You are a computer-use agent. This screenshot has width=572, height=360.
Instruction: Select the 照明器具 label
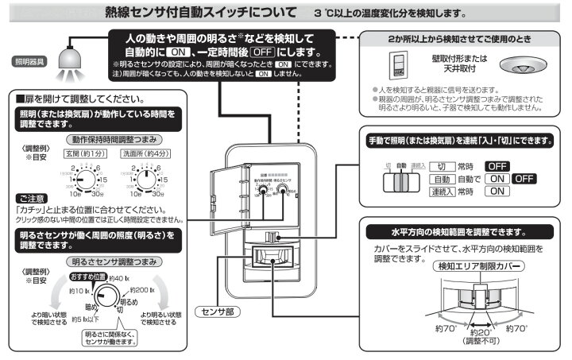click(x=29, y=60)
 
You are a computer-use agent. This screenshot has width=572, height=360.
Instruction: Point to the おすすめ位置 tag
click(x=87, y=276)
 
